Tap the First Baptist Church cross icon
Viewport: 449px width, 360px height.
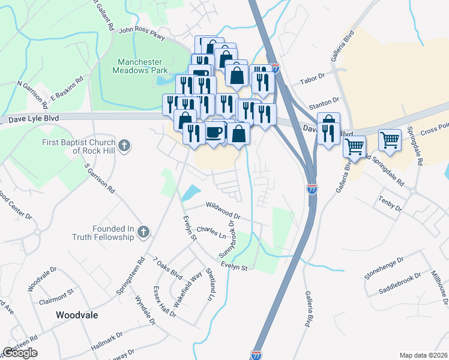(124, 145)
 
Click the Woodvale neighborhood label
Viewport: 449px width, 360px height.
(76, 314)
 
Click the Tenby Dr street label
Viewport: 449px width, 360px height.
(390, 205)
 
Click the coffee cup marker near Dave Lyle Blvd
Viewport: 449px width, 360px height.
(214, 133)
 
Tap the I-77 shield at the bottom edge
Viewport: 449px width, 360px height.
(257, 355)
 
